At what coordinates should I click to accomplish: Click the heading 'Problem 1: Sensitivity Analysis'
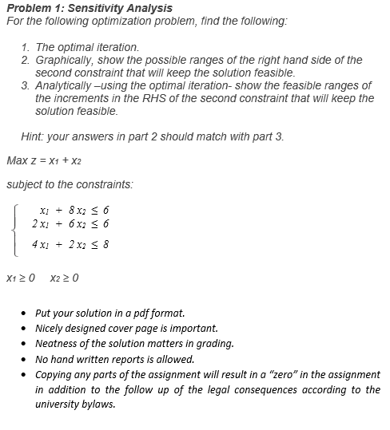click(89, 8)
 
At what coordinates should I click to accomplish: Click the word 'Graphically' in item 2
click(65, 60)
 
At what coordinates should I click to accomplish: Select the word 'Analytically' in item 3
click(66, 85)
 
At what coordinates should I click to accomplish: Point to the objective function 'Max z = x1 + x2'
click(46, 160)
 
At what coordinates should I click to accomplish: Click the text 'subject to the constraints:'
click(70, 184)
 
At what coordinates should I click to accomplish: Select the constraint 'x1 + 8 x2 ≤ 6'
click(73, 210)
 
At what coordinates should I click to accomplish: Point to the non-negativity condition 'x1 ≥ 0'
click(22, 278)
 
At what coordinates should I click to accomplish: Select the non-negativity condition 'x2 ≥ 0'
click(64, 278)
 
